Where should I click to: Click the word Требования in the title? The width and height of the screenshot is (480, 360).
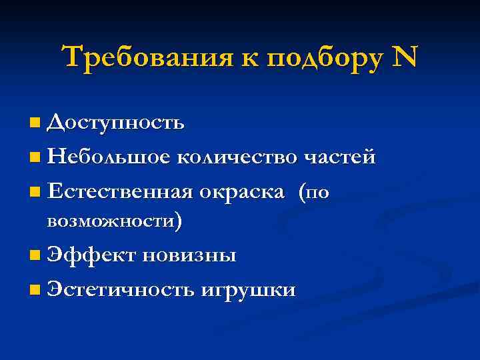coord(143,58)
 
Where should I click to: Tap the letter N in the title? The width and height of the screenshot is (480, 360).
coord(405,58)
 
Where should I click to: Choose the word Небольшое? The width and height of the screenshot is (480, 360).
coord(109,158)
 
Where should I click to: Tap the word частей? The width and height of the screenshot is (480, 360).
coord(340,158)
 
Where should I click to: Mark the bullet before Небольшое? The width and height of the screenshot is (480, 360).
coord(35,159)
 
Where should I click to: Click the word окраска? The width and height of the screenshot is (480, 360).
coord(244,193)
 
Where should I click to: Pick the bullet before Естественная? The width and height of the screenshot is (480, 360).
coord(35,193)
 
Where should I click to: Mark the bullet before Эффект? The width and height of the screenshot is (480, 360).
coord(35,256)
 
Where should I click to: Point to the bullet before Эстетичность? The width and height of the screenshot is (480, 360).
coord(35,291)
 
